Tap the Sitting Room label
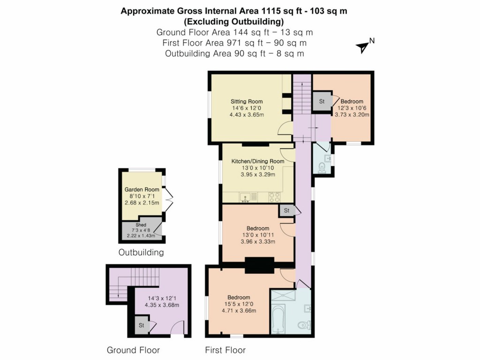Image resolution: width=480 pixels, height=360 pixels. click(246, 101)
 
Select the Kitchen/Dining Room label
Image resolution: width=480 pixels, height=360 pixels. click(257, 161)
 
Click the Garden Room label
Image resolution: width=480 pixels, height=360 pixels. click(141, 189)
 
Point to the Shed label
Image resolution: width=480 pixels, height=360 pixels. click(141, 225)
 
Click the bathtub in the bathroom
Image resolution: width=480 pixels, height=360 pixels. click(278, 319)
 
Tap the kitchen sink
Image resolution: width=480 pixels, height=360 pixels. click(246, 197)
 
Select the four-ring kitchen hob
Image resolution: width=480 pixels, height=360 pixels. click(274, 197)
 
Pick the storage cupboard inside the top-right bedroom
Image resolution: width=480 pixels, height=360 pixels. click(322, 101)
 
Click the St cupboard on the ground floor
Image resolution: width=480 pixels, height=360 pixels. click(140, 325)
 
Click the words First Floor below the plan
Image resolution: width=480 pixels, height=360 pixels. click(225, 350)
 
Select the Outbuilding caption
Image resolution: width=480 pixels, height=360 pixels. click(141, 253)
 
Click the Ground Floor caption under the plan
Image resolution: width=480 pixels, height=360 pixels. click(133, 350)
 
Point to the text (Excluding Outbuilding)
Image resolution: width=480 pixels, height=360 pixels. click(234, 22)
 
